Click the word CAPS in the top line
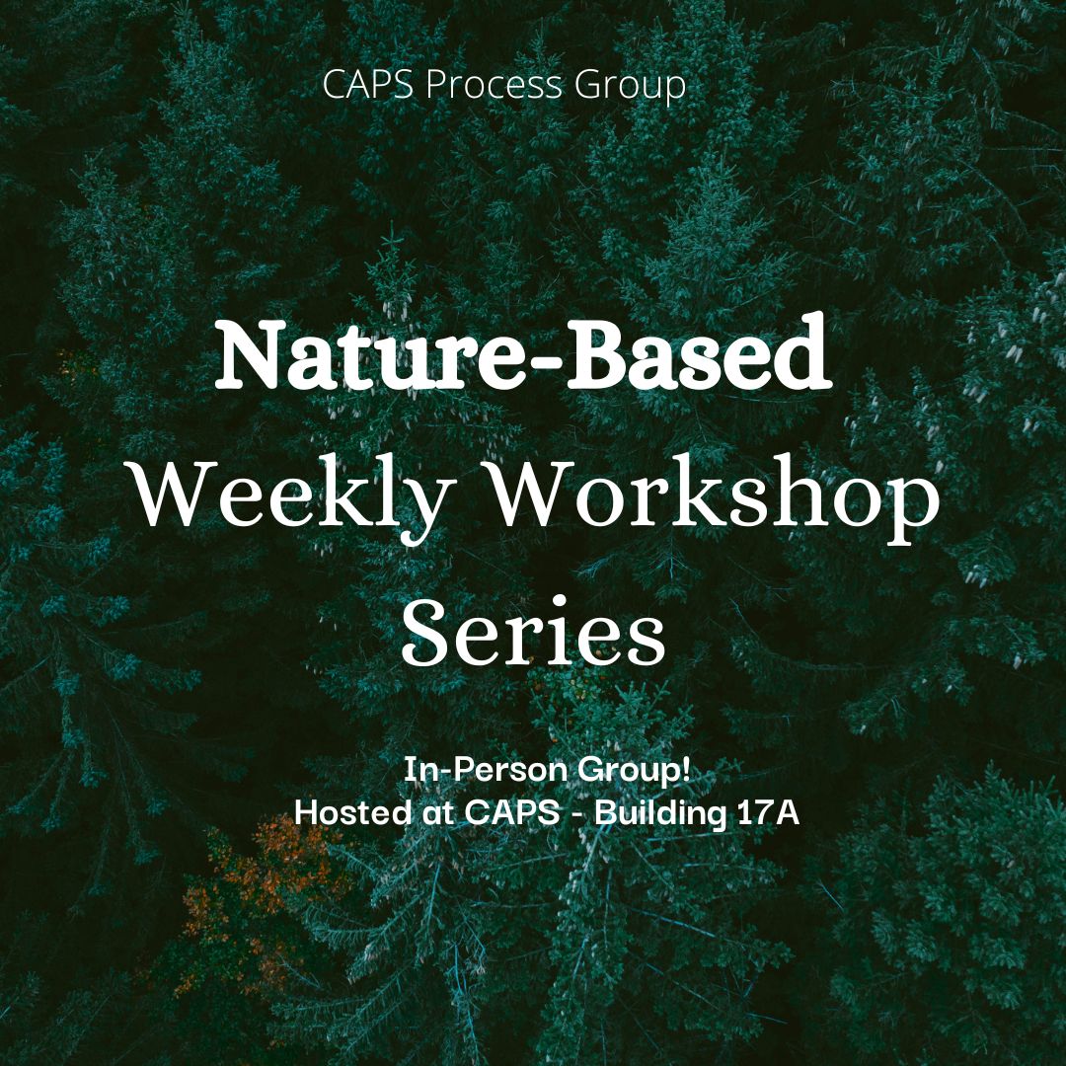click(367, 84)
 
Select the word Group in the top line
click(630, 87)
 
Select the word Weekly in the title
click(294, 499)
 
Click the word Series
click(533, 632)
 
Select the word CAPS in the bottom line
click(512, 812)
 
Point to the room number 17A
click(768, 812)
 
